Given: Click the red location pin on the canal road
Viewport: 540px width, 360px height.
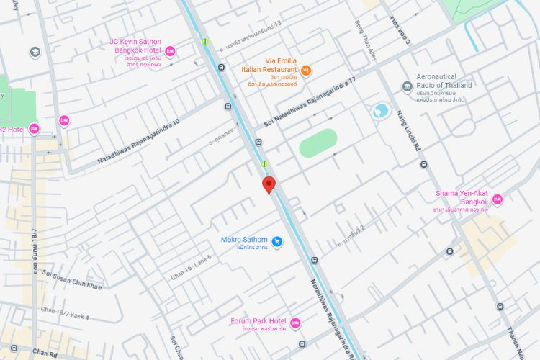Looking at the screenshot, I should point(269,184).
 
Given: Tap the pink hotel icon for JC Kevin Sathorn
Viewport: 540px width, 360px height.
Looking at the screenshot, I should point(170,50).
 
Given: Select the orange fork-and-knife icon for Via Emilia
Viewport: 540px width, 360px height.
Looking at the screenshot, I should point(306,70).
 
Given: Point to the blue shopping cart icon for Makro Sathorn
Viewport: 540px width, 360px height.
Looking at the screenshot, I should point(277,242).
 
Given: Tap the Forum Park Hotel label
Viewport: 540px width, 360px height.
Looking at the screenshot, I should point(258,321).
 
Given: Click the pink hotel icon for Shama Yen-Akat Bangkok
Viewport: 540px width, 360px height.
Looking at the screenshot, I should point(497,199).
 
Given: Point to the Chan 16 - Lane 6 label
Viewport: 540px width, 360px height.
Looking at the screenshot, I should point(190,267).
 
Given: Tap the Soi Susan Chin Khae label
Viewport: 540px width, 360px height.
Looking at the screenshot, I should point(71,279).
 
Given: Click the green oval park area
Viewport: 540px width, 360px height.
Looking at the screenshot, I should point(318,143).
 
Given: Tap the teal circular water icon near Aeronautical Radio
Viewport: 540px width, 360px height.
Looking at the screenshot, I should point(380,111).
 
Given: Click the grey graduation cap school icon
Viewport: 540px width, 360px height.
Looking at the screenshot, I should point(35,52).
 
